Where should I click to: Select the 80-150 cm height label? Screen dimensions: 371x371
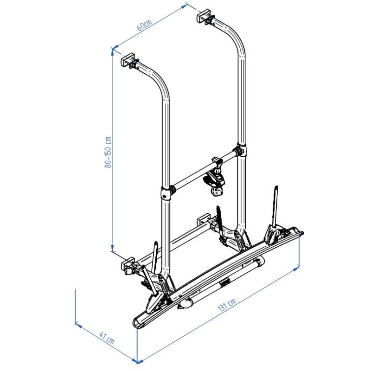tap(109, 152)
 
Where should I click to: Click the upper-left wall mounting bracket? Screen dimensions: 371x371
tap(128, 61)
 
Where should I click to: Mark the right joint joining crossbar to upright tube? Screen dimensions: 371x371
tap(240, 151)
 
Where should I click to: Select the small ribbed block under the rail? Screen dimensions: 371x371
tap(224, 283)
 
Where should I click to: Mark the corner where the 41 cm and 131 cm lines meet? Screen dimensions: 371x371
tap(138, 360)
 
